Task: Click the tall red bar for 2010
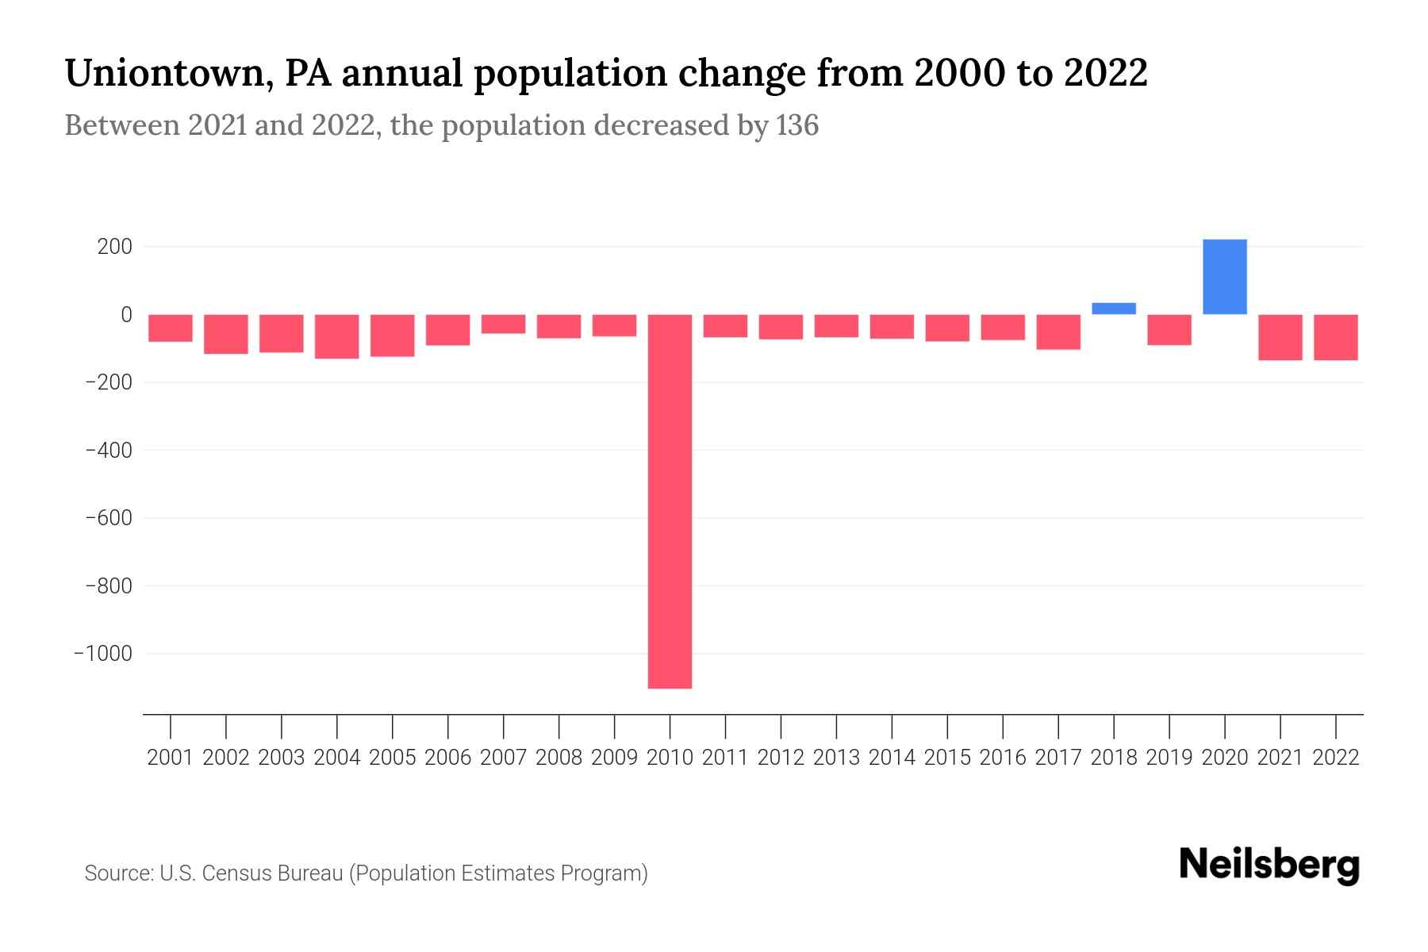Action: tap(670, 501)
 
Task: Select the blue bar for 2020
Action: tap(1224, 277)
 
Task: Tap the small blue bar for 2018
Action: tap(1113, 309)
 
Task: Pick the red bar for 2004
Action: tap(337, 336)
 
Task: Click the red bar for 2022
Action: tap(1335, 337)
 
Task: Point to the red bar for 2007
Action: tap(503, 324)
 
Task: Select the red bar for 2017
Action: tap(1058, 332)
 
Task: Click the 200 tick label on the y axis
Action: tap(114, 247)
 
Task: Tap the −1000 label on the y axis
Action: tap(102, 654)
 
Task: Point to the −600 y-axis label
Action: tap(108, 518)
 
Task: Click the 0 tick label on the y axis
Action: tap(126, 315)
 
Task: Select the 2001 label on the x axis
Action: tap(171, 758)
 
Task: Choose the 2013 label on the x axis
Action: tap(836, 758)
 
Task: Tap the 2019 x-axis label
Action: tap(1169, 758)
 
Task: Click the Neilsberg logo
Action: tap(1269, 865)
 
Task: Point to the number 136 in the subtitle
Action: tap(797, 125)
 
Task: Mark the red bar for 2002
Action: tap(226, 334)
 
